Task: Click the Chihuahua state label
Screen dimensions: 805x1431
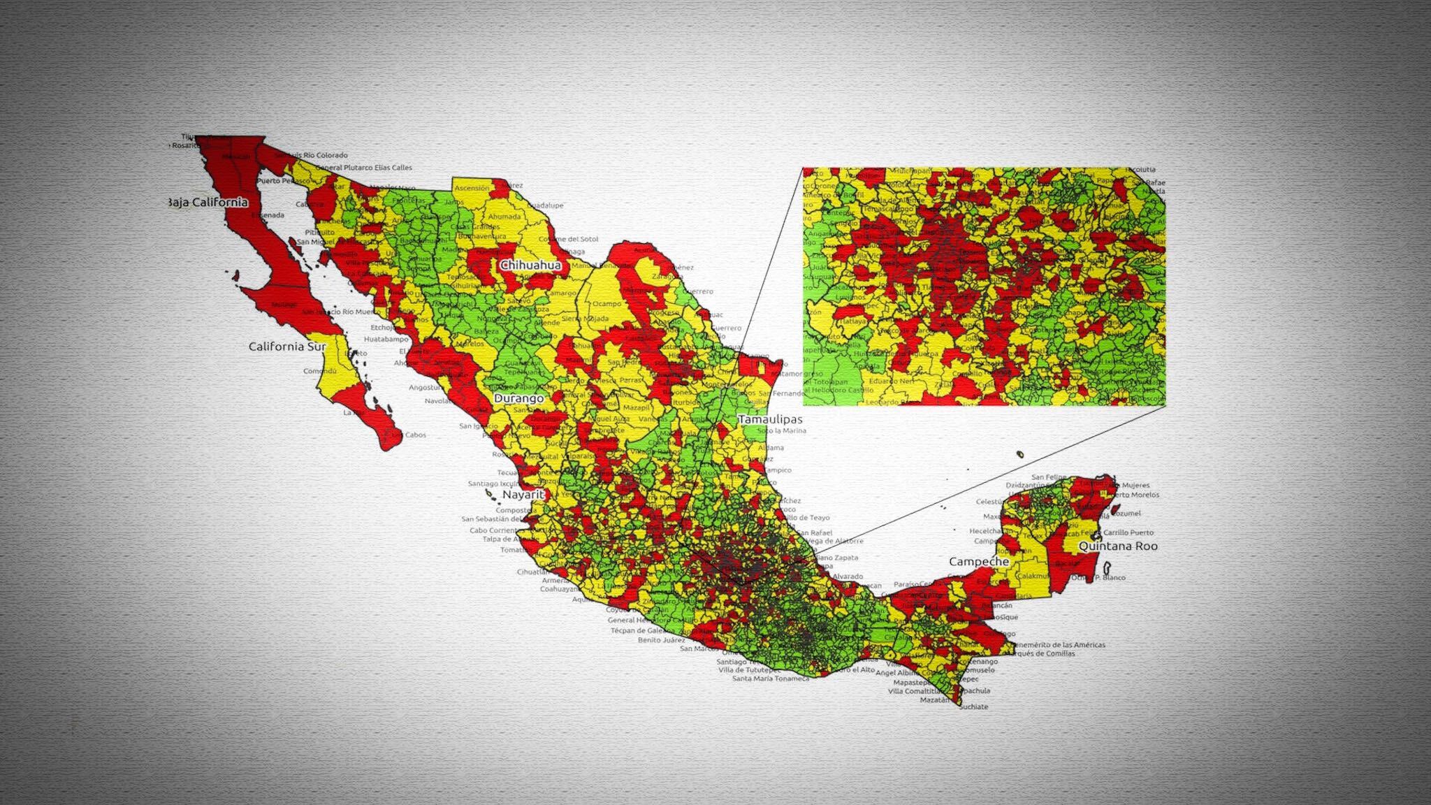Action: (530, 266)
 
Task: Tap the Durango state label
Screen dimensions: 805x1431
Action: (518, 398)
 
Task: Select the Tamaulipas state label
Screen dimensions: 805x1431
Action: (770, 419)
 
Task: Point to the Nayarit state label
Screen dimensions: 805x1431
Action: (523, 495)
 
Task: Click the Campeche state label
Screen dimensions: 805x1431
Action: (978, 561)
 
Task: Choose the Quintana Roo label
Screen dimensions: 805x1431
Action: (1118, 546)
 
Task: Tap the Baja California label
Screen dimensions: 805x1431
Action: (208, 203)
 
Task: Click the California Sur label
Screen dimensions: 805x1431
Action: (287, 347)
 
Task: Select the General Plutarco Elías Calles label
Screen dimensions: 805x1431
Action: (363, 168)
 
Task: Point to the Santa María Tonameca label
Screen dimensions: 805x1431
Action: (770, 679)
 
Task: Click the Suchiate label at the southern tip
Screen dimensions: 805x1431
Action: (974, 706)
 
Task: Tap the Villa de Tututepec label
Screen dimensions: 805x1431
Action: (749, 670)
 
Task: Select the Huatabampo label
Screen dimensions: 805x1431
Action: (386, 339)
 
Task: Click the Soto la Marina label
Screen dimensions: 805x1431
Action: (782, 430)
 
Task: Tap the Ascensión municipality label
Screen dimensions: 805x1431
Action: (472, 188)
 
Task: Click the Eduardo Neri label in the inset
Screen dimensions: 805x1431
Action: (892, 382)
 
